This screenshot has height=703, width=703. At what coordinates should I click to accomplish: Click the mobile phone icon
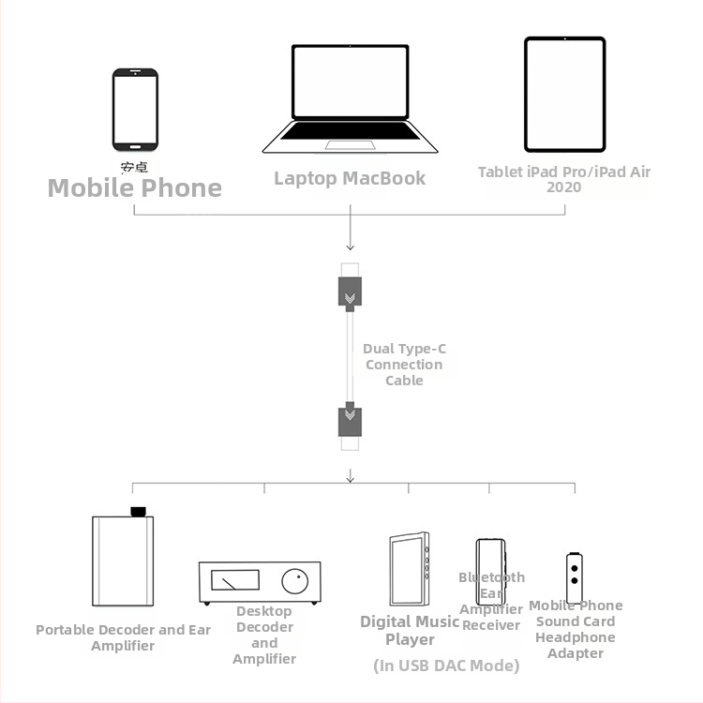135,109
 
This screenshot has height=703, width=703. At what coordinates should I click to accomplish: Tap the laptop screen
350,82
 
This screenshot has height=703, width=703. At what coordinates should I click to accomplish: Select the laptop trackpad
350,145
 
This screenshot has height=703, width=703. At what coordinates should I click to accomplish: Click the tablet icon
564,94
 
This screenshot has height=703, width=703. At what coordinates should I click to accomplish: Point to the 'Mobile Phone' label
135,188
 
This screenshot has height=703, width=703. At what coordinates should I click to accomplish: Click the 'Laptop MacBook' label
350,178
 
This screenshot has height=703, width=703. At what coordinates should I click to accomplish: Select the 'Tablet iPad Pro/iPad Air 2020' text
564,179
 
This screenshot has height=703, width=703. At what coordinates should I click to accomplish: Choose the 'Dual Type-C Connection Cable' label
404,365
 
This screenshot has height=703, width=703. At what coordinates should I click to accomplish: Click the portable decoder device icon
122,562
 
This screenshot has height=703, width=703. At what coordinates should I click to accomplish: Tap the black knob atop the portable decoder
139,512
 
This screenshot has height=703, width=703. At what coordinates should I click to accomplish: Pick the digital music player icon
410,569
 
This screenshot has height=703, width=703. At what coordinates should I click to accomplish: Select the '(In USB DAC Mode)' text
446,666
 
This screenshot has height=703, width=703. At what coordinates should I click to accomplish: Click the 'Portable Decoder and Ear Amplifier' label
123,637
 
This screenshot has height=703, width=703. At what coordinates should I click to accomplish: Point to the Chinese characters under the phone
134,168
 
